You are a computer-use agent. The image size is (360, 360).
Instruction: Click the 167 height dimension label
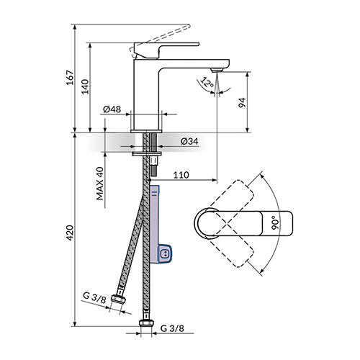[x=70, y=77]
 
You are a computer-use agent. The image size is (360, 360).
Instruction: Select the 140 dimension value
[x=85, y=86]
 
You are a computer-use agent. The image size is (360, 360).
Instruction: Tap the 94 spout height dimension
[x=243, y=102]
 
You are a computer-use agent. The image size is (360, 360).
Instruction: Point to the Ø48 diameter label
[x=112, y=109]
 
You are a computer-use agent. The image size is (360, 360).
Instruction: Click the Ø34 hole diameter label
[x=189, y=141]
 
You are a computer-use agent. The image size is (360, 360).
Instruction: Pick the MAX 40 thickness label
[x=100, y=184]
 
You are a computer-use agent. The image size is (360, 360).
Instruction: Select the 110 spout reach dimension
[x=181, y=175]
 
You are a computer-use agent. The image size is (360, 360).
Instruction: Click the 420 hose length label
[x=70, y=233]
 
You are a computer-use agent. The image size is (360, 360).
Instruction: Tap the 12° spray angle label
[x=207, y=83]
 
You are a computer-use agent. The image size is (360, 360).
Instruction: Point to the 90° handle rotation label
[x=276, y=222]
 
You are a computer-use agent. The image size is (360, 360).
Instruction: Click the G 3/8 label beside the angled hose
[x=94, y=297]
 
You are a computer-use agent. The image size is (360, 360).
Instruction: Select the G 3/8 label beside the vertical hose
[x=172, y=328]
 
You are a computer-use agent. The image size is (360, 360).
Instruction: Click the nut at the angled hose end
[x=119, y=299]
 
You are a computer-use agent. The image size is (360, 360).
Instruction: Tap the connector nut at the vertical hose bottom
[x=146, y=323]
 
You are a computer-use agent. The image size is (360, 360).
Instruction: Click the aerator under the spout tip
[x=217, y=70]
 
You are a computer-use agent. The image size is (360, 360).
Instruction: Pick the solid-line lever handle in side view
[x=166, y=50]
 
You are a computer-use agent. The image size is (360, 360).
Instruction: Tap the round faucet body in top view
[x=207, y=224]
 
